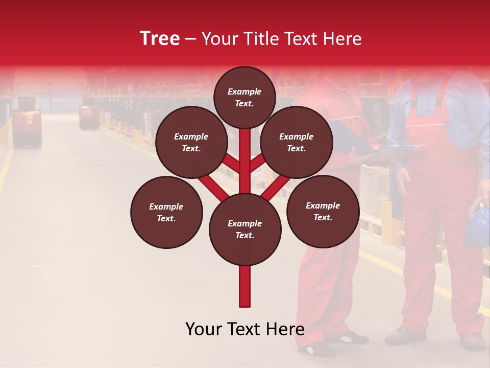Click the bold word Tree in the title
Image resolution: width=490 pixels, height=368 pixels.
coord(160,39)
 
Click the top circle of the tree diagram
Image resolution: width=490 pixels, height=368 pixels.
coord(244,97)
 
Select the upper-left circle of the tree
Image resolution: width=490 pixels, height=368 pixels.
coord(191,142)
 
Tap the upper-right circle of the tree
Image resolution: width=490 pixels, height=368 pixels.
coord(297,142)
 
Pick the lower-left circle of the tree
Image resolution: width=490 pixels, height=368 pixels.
coord(166,212)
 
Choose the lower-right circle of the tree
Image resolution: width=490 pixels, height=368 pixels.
coord(323,211)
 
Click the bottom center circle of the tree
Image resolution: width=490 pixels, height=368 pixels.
coord(245,229)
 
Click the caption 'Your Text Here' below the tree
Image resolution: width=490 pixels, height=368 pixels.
coord(245,329)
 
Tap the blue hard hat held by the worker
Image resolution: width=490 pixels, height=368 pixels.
coord(478,225)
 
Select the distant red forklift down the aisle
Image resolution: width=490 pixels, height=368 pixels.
coord(89,117)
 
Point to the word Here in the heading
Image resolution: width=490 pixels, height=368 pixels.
coord(344,39)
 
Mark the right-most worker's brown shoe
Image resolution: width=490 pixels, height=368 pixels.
coord(473,341)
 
